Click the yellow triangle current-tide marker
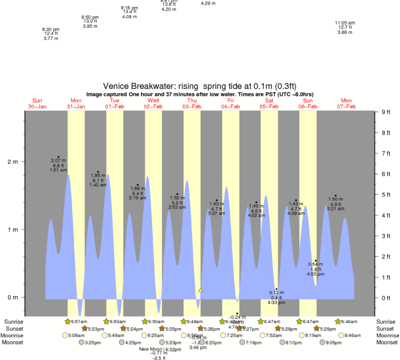(200, 290)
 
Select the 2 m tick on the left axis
(12, 162)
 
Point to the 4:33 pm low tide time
(276, 303)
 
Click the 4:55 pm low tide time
(315, 274)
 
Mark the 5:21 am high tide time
(335, 209)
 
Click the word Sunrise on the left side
(14, 322)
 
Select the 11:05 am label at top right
(345, 23)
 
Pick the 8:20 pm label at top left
(51, 29)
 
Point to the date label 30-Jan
(37, 106)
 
